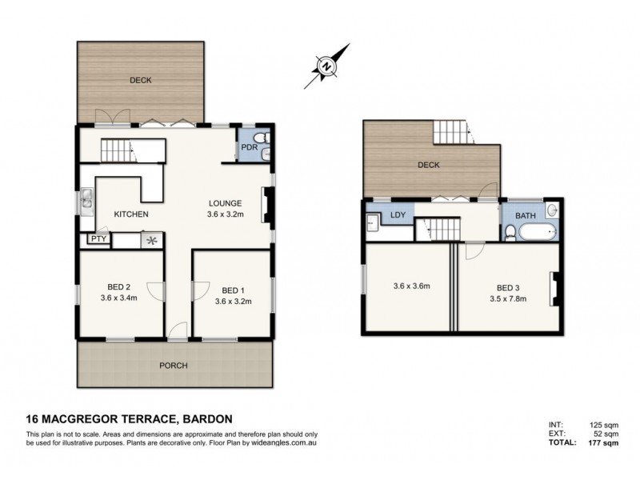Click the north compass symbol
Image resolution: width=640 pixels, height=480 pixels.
coord(326,68)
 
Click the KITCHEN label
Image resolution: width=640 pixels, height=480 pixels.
coord(130,214)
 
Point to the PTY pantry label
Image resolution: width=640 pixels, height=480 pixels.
coord(98,238)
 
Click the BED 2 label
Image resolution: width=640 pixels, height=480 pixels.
coord(119,290)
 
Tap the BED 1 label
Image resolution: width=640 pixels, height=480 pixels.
coord(233,290)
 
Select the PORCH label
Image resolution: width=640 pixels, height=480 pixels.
coord(174,366)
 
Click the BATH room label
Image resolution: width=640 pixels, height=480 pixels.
coord(525,216)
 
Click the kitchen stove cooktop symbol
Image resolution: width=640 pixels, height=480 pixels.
coord(150,238)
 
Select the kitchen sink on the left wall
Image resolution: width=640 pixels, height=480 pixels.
coord(86,203)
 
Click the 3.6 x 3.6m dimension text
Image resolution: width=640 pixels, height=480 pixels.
coord(411,286)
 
